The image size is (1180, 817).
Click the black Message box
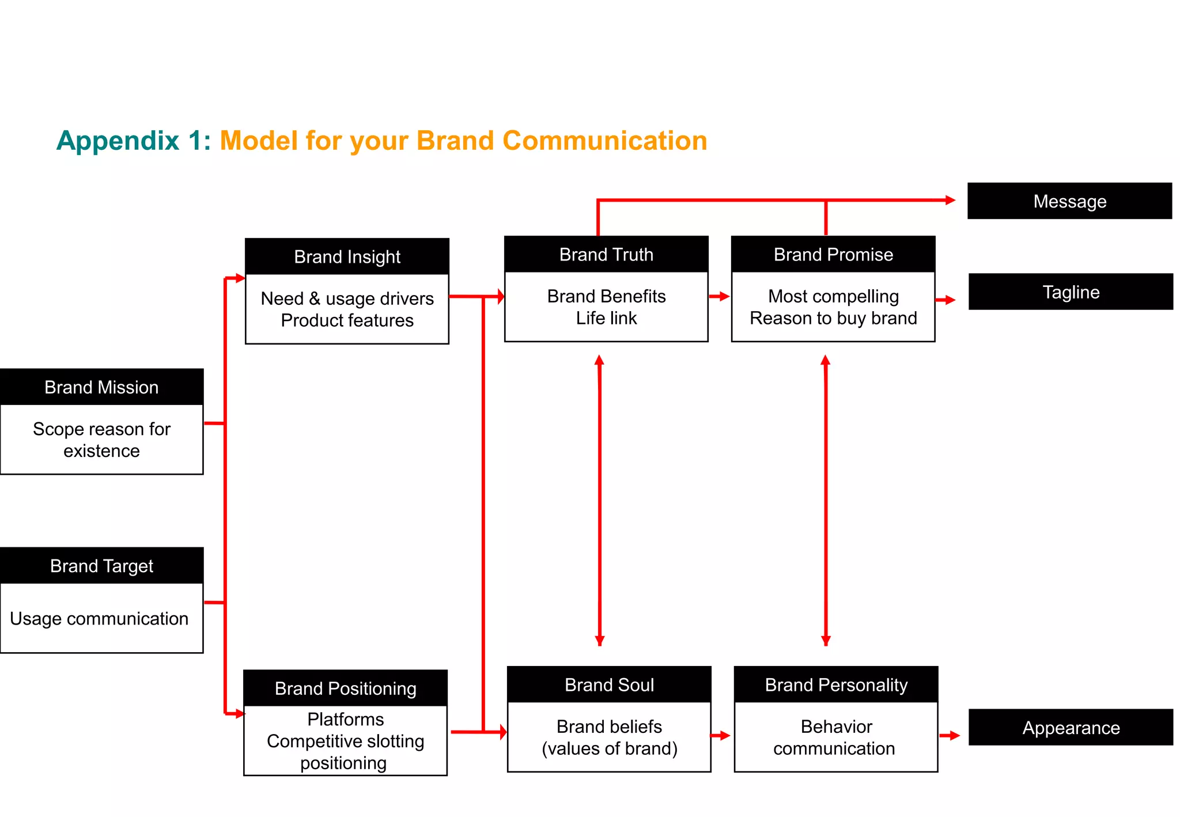(1069, 201)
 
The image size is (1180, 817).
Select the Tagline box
(1070, 292)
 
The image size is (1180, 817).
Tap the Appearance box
(1070, 727)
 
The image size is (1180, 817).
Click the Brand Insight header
(347, 256)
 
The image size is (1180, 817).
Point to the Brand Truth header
(606, 254)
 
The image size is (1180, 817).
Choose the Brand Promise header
(833, 254)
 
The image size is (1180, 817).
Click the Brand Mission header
(101, 387)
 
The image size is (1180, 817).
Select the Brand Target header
(101, 566)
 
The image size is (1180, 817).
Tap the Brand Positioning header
(345, 688)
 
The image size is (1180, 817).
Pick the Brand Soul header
(609, 684)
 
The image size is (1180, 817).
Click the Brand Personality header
(835, 684)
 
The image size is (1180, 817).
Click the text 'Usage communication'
(99, 618)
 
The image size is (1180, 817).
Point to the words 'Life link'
(606, 318)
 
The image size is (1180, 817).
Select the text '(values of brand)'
(609, 748)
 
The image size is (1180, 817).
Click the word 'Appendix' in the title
(118, 141)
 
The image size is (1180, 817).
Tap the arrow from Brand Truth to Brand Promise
(719, 296)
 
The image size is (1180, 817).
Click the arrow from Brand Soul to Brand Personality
(720, 735)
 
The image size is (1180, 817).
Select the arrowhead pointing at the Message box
(950, 200)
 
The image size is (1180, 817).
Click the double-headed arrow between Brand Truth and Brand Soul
(599, 500)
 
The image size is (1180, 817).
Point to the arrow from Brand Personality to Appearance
(950, 735)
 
